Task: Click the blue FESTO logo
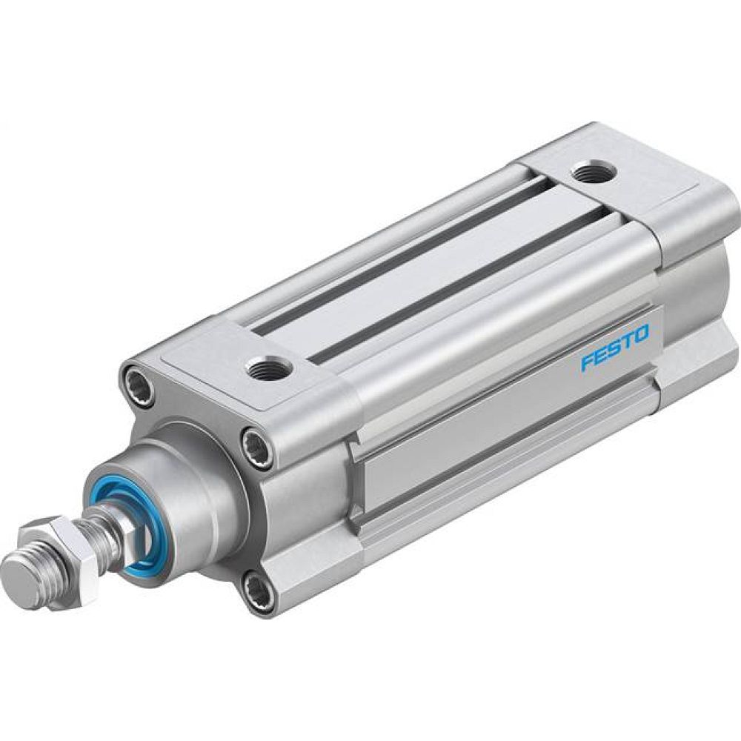[x=614, y=346]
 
